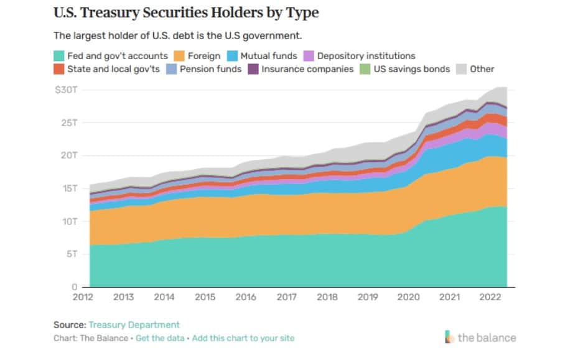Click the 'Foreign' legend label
point(203,56)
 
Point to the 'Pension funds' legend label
point(210,69)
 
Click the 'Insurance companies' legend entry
point(307,69)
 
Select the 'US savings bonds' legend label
point(411,69)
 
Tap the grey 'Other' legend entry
point(482,69)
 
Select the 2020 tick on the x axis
point(409,297)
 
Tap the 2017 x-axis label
point(286,297)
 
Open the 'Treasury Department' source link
point(134,325)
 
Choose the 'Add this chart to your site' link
point(243,338)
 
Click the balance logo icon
point(450,338)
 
